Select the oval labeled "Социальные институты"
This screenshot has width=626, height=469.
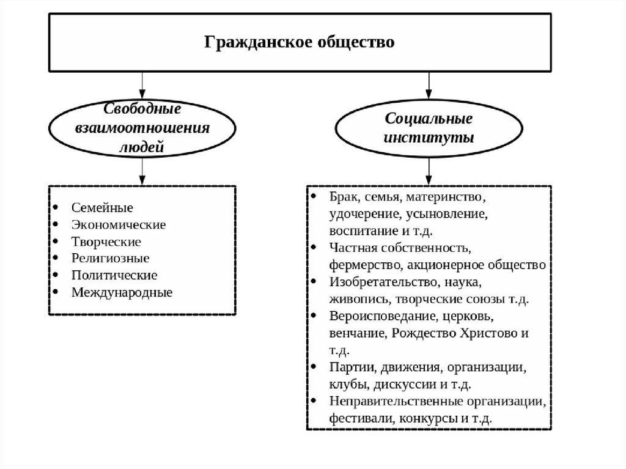(429, 127)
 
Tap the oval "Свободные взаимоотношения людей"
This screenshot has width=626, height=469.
(142, 128)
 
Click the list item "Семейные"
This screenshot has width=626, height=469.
(102, 207)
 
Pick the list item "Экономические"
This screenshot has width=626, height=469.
(118, 224)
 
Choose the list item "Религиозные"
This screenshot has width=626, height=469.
(110, 258)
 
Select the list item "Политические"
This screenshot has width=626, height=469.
(114, 275)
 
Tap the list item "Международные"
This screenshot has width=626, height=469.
(122, 292)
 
